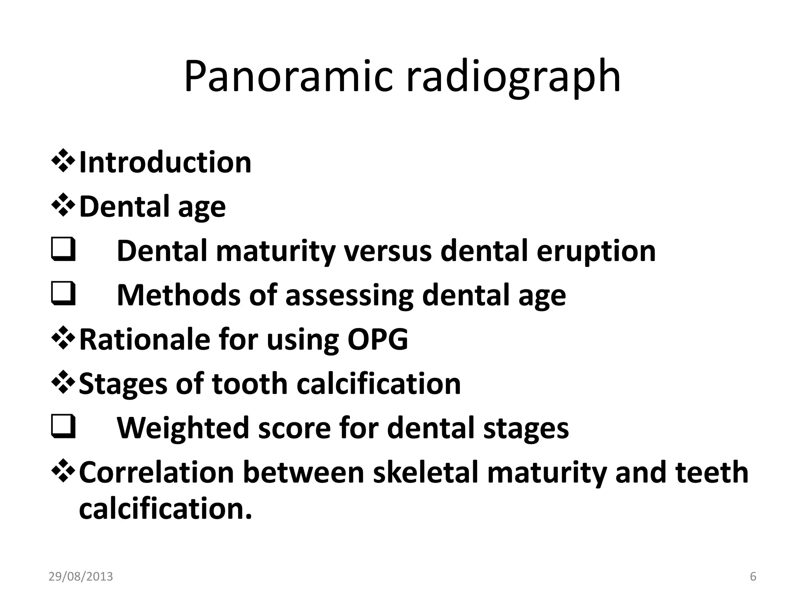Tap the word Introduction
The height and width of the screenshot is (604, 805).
(x=165, y=162)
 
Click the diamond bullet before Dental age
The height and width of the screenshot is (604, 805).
(x=63, y=206)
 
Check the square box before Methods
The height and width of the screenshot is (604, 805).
(x=63, y=295)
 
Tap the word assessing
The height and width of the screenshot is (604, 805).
(x=349, y=296)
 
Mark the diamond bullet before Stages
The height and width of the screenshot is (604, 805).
(x=63, y=383)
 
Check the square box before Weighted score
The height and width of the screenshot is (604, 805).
(x=63, y=428)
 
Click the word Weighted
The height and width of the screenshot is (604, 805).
(x=183, y=429)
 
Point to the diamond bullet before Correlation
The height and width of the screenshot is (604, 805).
(x=63, y=471)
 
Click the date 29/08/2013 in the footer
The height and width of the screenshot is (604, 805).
(x=81, y=576)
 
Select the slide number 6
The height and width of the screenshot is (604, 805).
(x=753, y=576)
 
